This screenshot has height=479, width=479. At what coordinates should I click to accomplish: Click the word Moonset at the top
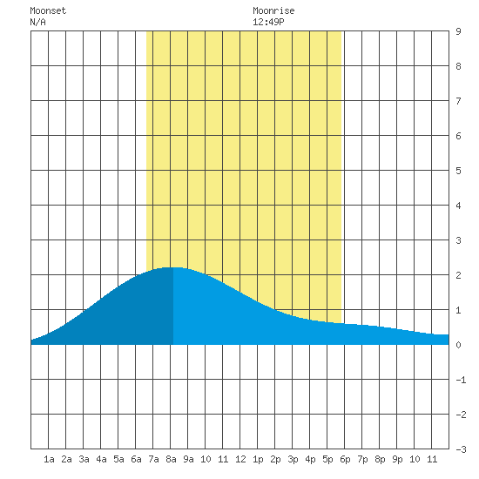click(x=48, y=10)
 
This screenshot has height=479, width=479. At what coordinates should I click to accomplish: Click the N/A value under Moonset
click(x=37, y=22)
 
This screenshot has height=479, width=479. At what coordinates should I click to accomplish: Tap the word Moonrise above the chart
click(x=273, y=10)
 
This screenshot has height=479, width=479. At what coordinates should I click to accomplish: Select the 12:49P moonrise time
click(x=268, y=22)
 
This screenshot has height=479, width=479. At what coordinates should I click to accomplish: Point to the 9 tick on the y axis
click(x=458, y=31)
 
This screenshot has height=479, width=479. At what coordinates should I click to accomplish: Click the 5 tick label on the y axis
click(x=458, y=171)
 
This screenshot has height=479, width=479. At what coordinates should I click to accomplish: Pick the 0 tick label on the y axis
click(x=458, y=345)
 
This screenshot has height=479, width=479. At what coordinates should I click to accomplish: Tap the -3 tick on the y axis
click(x=461, y=449)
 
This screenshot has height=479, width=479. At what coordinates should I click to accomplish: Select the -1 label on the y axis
click(x=461, y=380)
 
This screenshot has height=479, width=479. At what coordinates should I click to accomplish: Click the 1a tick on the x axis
click(x=49, y=459)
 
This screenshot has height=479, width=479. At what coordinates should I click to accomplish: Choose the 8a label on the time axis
click(x=171, y=459)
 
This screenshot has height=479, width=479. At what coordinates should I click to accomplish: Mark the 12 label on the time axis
click(x=240, y=459)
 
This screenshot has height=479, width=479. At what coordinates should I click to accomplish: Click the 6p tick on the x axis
click(x=345, y=459)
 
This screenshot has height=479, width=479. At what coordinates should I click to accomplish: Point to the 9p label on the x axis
click(x=397, y=459)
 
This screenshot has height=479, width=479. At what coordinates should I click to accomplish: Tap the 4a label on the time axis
click(x=101, y=459)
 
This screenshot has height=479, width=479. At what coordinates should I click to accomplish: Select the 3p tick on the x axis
click(x=293, y=459)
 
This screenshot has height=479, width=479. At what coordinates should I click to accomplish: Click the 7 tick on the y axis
click(x=458, y=101)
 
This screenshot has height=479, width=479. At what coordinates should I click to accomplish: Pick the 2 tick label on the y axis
click(x=458, y=275)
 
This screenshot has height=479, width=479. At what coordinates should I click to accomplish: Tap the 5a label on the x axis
click(x=118, y=459)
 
